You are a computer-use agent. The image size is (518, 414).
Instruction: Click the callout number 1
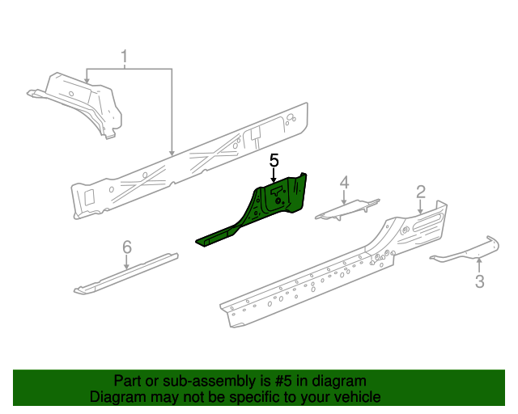point(125,57)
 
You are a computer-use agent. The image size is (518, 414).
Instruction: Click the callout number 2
point(421,192)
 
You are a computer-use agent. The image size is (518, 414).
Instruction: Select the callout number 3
point(479,281)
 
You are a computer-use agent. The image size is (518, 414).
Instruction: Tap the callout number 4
point(344,183)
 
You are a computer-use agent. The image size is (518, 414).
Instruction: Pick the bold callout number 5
point(274,160)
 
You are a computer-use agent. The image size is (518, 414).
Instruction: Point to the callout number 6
point(127,247)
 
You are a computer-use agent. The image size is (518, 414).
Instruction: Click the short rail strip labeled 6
point(125,273)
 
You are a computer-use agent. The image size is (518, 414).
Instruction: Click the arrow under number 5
point(274,175)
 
